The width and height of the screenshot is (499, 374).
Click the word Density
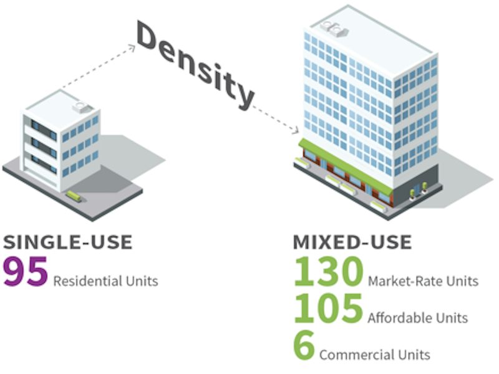click(196, 65)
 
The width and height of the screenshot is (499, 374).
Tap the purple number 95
click(26, 271)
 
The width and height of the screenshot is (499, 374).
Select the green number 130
click(329, 271)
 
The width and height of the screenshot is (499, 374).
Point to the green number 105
click(329, 308)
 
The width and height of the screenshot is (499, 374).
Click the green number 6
click(304, 345)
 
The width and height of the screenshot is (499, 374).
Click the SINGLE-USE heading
click(68, 242)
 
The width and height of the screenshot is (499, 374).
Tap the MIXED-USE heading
click(352, 242)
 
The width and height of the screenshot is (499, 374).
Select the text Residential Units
click(105, 281)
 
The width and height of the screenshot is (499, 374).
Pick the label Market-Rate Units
click(424, 281)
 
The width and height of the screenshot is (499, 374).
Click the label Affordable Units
click(418, 318)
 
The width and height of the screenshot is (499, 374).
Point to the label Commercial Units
click(375, 355)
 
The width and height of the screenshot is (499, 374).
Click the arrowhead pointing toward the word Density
click(132, 48)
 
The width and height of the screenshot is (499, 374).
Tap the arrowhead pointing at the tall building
click(296, 130)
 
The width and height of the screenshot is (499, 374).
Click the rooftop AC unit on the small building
click(82, 107)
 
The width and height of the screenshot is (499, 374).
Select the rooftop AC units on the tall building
click(334, 29)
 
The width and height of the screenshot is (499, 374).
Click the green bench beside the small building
click(74, 196)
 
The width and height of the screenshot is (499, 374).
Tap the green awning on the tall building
click(346, 167)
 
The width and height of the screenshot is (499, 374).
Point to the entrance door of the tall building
click(417, 190)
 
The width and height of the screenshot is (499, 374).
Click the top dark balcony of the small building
click(44, 129)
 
